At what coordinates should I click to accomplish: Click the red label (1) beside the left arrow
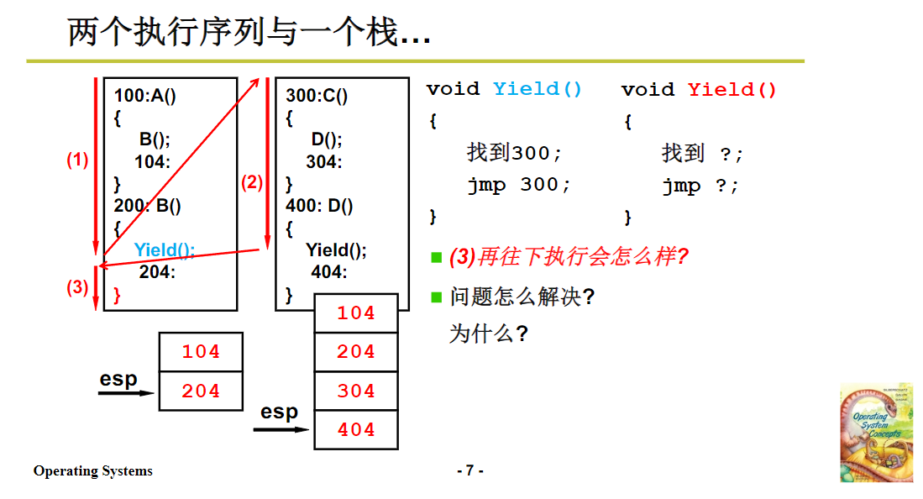[x=77, y=160]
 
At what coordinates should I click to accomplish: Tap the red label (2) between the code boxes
[x=252, y=182]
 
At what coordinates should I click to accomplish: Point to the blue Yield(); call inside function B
[x=165, y=249]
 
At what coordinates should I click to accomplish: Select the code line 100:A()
[x=145, y=96]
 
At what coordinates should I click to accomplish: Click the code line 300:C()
[x=317, y=96]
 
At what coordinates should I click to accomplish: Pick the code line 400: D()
[x=319, y=206]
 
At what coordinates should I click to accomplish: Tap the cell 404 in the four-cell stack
[x=356, y=430]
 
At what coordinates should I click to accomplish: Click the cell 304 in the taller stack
[x=356, y=391]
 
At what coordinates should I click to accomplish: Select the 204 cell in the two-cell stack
[x=201, y=391]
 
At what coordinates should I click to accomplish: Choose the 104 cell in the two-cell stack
[x=201, y=352]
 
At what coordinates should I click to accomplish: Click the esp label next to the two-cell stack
[x=118, y=379]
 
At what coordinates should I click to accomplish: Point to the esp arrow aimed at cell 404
[x=281, y=430]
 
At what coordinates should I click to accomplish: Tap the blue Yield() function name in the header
[x=538, y=89]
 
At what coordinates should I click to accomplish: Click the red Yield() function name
[x=732, y=89]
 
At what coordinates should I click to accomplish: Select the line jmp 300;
[x=519, y=185]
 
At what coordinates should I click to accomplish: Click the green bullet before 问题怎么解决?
[x=436, y=297]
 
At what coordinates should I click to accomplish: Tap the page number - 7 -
[x=469, y=470]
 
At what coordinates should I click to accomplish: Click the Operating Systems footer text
[x=93, y=471]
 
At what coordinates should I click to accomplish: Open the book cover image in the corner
[x=876, y=433]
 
